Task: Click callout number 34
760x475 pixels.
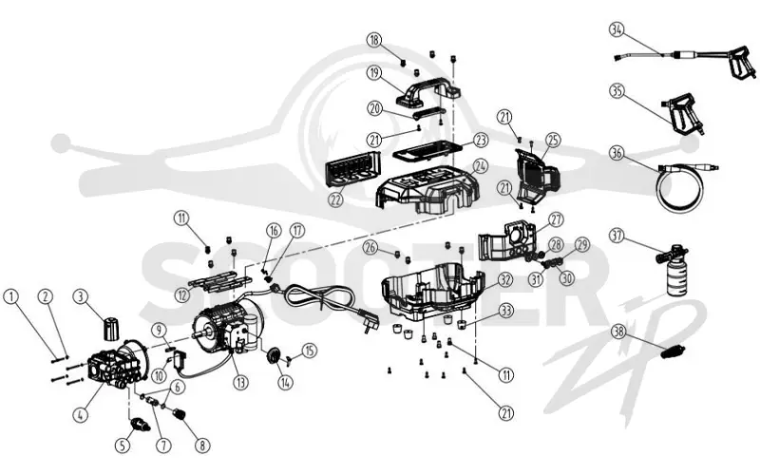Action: pyautogui.click(x=616, y=29)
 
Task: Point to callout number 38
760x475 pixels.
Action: pyautogui.click(x=619, y=332)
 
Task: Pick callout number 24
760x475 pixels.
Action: pyautogui.click(x=480, y=165)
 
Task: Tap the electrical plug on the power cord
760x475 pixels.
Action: pyautogui.click(x=365, y=326)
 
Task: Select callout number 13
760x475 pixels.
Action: pyautogui.click(x=240, y=383)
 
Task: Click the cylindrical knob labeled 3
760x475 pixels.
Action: pyautogui.click(x=111, y=327)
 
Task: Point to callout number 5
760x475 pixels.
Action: pyautogui.click(x=123, y=445)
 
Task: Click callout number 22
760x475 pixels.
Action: pyautogui.click(x=335, y=199)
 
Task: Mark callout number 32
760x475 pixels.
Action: pyautogui.click(x=505, y=279)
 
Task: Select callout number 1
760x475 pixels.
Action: pyautogui.click(x=11, y=296)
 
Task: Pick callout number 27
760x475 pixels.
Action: pyautogui.click(x=556, y=219)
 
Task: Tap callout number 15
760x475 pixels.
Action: pyautogui.click(x=310, y=350)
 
